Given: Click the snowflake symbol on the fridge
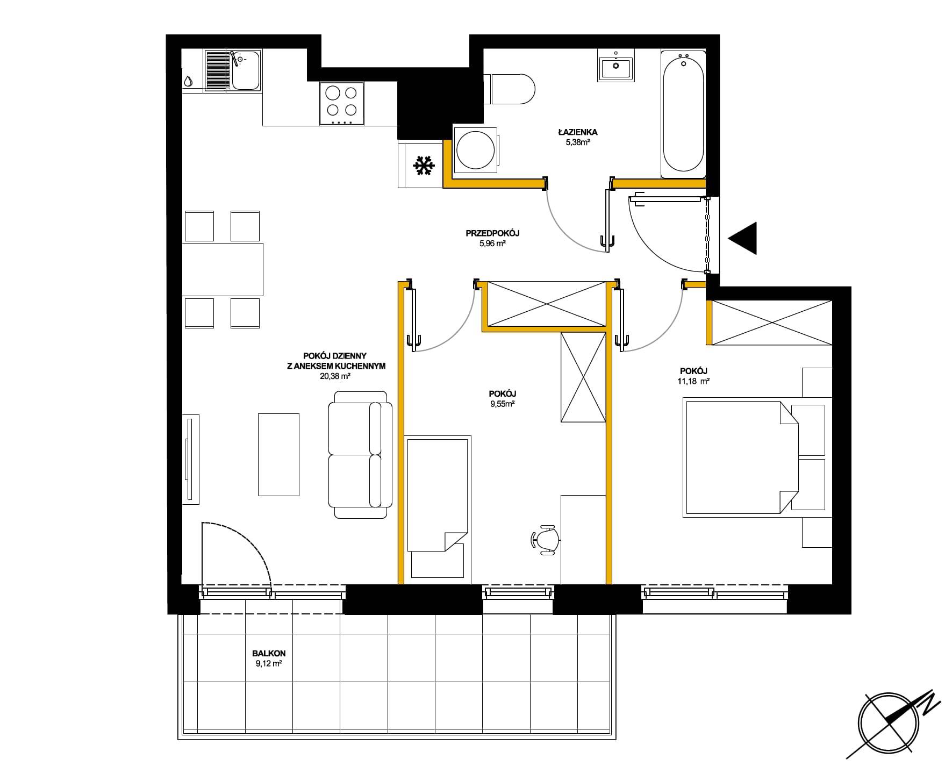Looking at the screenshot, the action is (424, 166).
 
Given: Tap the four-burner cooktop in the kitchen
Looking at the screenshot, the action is (342, 104).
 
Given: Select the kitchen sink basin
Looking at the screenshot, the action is (246, 71).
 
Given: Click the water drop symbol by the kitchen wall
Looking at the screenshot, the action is (188, 81).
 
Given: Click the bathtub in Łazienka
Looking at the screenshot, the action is (683, 114).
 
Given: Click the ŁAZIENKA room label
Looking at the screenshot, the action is (577, 132).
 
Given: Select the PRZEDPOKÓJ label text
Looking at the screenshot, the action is (492, 233).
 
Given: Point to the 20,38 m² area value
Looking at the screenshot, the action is (335, 377).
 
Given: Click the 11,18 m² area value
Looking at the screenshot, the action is (694, 381).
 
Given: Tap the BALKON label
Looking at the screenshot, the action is (269, 654).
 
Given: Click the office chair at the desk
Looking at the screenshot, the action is (545, 539).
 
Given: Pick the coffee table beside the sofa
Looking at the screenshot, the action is (278, 454).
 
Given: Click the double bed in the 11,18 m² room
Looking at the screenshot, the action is (741, 457).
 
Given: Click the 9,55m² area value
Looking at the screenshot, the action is (503, 404).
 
